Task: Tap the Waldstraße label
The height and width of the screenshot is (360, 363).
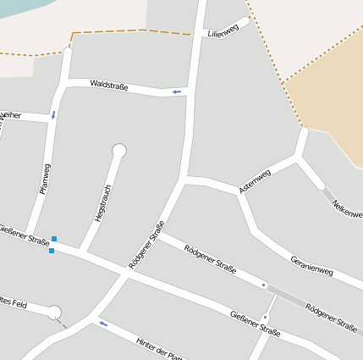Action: point(108,85)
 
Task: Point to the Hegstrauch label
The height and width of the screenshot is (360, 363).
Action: point(102,204)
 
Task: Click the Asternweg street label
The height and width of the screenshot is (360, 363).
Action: point(255,180)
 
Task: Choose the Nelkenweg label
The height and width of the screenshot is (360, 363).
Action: point(348,208)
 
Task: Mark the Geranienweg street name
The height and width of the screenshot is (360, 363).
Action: point(311,266)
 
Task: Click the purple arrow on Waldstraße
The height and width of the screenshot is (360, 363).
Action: point(177,91)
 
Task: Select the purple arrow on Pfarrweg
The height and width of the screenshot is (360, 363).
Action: point(53,114)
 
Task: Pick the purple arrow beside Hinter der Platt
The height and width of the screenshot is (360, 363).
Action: point(103,323)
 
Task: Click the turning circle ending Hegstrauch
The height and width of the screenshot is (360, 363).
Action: point(119,151)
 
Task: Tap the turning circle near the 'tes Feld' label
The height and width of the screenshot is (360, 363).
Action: point(55,313)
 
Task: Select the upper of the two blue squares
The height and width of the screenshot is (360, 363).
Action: point(54,239)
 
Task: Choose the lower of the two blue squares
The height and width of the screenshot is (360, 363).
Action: point(52,251)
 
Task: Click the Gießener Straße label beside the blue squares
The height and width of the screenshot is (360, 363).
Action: point(25,235)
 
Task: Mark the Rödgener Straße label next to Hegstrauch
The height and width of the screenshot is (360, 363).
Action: point(146,246)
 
